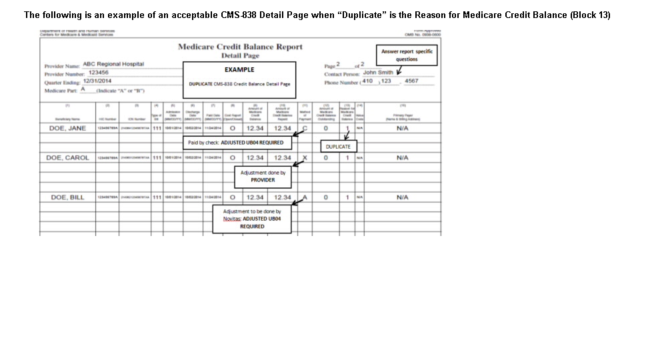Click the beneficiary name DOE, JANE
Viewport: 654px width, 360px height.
point(67,128)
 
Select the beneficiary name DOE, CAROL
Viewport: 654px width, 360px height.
point(67,158)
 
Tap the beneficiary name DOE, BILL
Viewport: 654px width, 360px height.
point(67,197)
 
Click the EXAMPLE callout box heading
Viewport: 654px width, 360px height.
point(239,69)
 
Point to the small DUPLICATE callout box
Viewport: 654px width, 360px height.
point(338,147)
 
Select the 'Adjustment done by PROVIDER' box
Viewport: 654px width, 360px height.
point(263,176)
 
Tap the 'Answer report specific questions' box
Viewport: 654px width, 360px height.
point(407,55)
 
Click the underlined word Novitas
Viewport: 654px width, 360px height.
point(231,219)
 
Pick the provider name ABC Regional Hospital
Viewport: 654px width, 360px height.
point(113,64)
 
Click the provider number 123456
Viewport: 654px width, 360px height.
point(99,72)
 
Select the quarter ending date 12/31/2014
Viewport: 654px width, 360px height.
point(97,81)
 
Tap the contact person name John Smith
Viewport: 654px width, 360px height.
point(378,72)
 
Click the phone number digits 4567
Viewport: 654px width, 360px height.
point(411,81)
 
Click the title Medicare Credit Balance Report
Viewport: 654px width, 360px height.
point(240,47)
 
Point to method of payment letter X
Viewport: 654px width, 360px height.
point(305,158)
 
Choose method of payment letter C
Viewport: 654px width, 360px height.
point(305,128)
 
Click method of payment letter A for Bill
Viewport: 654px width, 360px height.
point(305,197)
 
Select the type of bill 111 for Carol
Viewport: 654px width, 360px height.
point(157,158)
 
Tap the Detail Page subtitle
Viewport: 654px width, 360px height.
point(240,56)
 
